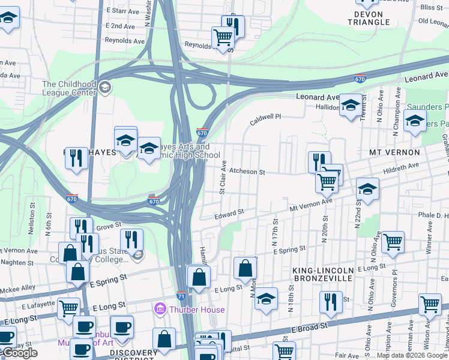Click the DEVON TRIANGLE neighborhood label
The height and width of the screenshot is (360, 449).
[x=372, y=18]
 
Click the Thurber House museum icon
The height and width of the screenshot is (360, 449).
[x=160, y=310]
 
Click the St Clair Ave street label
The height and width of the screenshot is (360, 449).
[x=222, y=177]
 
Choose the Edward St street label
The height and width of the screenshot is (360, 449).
[x=229, y=213]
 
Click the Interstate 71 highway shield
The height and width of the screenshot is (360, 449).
[x=181, y=296]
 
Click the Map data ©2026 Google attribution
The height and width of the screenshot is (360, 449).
[x=412, y=355]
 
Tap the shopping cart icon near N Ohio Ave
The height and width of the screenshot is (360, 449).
[x=393, y=241]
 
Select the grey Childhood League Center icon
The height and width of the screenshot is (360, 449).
[x=105, y=88]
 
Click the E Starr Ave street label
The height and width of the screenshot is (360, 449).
[x=124, y=11]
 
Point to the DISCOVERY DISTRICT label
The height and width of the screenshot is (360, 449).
[x=134, y=353]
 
